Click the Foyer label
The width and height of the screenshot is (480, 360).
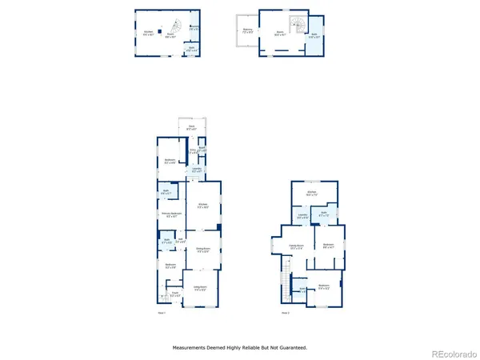point(163,294)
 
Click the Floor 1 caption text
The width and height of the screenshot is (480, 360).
point(162,313)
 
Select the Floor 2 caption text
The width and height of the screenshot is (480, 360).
point(286,313)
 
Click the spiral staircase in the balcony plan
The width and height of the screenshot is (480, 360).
point(300,24)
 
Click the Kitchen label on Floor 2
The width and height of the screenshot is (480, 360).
point(312,194)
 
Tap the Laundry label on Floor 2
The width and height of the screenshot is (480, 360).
point(303,215)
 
